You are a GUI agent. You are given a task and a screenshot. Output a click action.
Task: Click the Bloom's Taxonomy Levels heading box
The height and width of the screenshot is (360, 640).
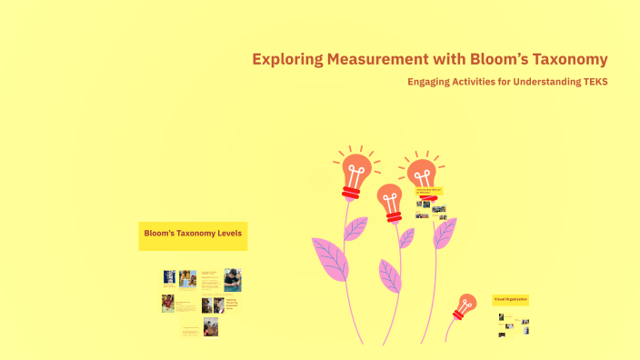tap(192, 236)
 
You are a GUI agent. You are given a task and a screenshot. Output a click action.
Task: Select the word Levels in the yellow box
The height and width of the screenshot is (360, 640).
tap(224, 234)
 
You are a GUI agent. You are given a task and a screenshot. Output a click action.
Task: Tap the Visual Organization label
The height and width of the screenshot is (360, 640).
tap(510, 299)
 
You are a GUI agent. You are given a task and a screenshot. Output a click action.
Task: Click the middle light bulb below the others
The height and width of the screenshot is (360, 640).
tap(389, 199)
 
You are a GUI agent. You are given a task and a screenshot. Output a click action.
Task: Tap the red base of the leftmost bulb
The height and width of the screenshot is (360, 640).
tap(351, 192)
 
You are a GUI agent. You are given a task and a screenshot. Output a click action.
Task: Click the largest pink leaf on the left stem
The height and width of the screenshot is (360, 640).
tap(329, 258)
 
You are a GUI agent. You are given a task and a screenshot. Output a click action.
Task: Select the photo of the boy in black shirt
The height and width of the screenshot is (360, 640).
tap(233, 280)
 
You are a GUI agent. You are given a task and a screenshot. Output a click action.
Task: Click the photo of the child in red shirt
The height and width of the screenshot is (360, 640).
tap(168, 304)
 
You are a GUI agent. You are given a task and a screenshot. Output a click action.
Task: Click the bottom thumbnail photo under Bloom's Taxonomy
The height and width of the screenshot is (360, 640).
tap(211, 327)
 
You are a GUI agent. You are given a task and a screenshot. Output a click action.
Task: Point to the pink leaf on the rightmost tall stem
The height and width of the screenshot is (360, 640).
tap(445, 233)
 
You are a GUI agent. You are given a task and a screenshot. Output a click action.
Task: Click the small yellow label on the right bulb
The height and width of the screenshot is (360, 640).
tap(428, 191)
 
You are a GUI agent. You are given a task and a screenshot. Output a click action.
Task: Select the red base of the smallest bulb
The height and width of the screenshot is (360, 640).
tap(462, 314)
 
